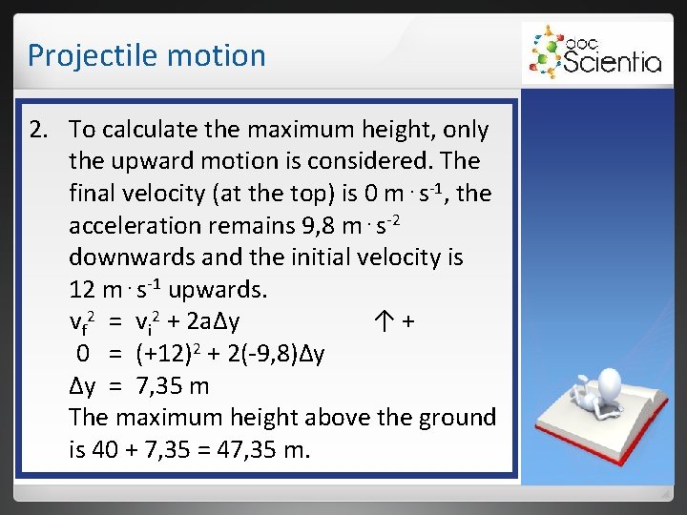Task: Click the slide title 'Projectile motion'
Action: click(x=146, y=55)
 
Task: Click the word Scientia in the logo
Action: click(x=612, y=63)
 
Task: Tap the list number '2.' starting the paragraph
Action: click(x=39, y=130)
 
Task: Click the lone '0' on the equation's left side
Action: click(x=84, y=355)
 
